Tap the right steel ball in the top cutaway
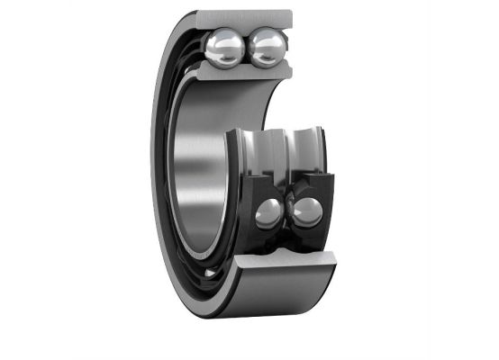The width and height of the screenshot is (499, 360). [x=267, y=48]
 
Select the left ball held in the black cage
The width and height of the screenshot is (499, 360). [x=268, y=213]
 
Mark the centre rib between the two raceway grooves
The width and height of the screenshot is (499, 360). [x=286, y=148]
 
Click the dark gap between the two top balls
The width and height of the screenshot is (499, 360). [x=244, y=49]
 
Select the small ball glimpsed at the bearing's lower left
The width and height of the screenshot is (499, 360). [x=210, y=270]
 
